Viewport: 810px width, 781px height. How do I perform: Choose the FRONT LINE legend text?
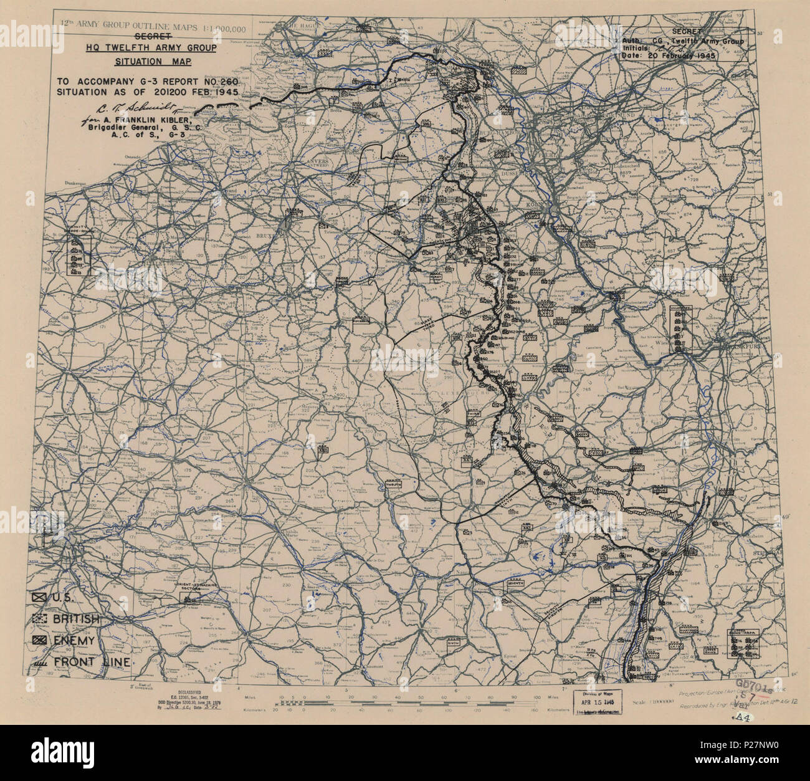(93, 662)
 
